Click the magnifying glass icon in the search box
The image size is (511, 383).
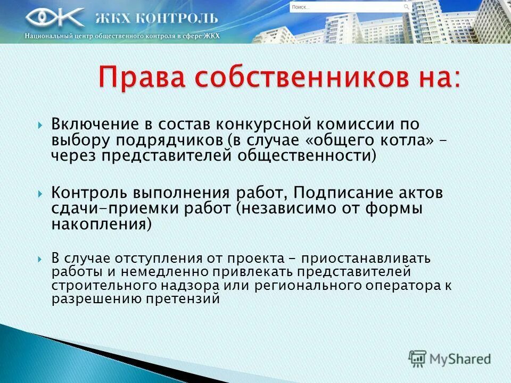coord(407,7)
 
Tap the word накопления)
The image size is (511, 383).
coord(102,223)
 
